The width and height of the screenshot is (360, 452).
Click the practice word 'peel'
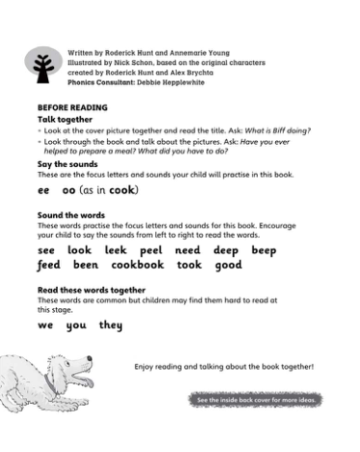point(151,250)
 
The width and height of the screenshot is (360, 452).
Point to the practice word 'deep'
point(226,250)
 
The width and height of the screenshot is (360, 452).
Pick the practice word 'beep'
point(263,250)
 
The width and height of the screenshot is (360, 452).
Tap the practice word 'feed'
point(48,265)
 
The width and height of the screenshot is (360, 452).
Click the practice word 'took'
point(189,265)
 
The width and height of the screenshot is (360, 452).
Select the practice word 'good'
point(229,265)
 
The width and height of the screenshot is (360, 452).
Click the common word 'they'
point(110,325)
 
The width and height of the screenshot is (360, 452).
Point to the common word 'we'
point(45,325)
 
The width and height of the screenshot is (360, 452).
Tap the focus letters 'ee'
point(43,191)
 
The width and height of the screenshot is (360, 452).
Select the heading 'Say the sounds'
point(67,164)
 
